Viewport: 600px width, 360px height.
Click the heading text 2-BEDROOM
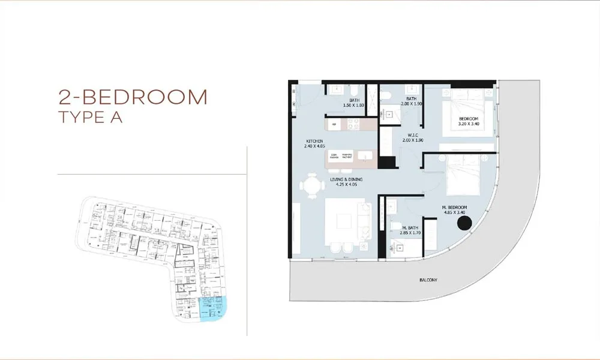point(133,97)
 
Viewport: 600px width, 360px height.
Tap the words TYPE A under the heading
point(91,117)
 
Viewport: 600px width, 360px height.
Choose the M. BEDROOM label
point(454,208)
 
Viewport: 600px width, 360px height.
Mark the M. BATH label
point(410,227)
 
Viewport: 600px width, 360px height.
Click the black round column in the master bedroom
point(464,224)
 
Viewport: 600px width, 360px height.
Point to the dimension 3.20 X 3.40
point(469,124)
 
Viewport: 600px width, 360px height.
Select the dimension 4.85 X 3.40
point(454,213)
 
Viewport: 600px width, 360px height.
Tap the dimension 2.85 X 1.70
point(410,233)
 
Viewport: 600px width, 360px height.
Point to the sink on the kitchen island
point(365,157)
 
